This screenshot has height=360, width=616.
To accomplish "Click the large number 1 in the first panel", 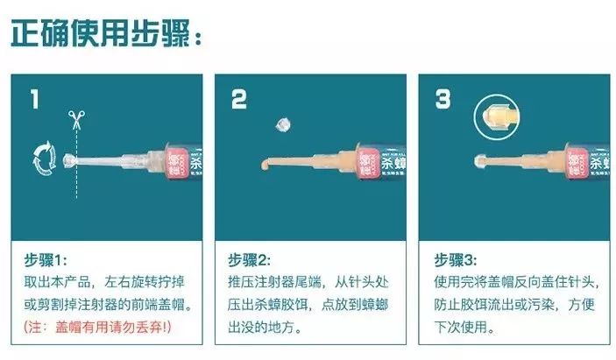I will tap(34, 99).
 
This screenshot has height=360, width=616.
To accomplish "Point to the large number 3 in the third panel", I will tap(443, 99).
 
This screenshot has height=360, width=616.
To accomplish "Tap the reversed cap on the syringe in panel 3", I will tap(483, 161).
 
